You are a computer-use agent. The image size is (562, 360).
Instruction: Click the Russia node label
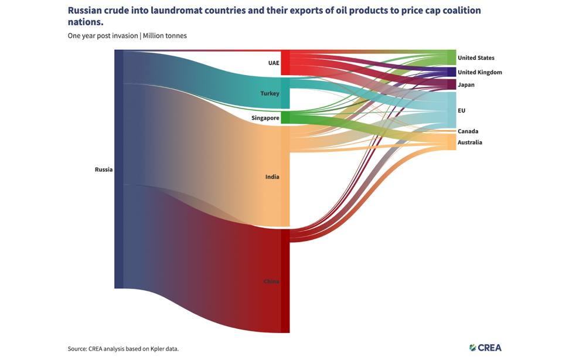click(104, 169)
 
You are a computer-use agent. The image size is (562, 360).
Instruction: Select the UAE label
click(274, 63)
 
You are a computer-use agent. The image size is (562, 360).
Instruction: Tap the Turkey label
click(270, 93)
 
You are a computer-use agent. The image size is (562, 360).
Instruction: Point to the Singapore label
click(265, 118)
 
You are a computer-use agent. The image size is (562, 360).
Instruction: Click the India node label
click(273, 176)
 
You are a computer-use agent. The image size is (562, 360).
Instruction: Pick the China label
click(271, 281)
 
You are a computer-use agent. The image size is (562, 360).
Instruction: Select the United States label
click(476, 57)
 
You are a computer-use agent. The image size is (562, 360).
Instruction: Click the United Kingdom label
click(479, 72)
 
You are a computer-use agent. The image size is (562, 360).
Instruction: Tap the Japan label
click(466, 84)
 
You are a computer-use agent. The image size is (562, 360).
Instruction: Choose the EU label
click(462, 110)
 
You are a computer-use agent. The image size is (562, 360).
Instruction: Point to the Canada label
click(468, 131)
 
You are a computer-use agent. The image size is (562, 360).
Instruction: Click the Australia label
click(470, 142)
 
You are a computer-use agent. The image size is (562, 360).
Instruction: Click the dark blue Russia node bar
click(119, 169)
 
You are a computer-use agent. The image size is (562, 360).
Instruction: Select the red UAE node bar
click(285, 63)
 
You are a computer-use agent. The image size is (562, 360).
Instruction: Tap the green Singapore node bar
click(285, 117)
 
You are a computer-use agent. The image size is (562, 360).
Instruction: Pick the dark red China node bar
click(285, 281)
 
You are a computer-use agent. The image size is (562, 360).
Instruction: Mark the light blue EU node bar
click(451, 110)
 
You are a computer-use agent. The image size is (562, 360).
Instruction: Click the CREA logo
click(485, 347)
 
